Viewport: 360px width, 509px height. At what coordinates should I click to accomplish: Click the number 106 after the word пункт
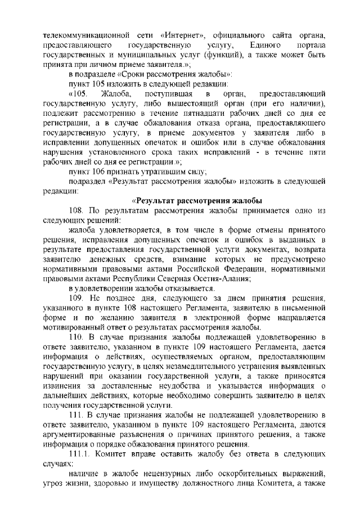(x=98, y=172)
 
